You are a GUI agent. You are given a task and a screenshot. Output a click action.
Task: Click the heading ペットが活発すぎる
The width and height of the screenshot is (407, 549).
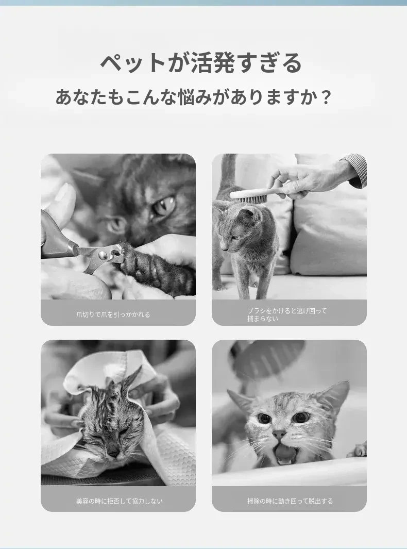pos(201,63)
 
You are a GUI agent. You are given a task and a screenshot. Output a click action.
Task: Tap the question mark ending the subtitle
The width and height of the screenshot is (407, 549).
pos(326,97)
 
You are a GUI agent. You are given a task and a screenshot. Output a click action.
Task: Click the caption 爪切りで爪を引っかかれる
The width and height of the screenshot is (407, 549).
pos(113,314)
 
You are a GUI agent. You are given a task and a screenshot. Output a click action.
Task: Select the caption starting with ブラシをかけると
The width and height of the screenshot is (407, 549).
pos(287,314)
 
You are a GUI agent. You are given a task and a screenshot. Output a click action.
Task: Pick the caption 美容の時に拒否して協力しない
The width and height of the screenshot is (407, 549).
pos(120,501)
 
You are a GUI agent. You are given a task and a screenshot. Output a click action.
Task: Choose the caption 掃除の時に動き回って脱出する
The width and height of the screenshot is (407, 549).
pos(290,501)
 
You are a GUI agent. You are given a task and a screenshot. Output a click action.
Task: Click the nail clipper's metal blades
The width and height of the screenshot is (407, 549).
pos(101,256)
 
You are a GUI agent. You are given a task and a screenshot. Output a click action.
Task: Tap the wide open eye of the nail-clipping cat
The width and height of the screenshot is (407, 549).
pos(164,206)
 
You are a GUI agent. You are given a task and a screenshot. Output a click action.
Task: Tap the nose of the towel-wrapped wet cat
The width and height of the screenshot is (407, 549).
pos(113,453)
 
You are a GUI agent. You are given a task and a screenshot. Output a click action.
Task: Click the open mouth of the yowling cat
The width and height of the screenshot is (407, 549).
pos(286,454)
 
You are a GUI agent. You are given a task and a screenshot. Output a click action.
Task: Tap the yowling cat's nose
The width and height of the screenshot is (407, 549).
pos(279,435)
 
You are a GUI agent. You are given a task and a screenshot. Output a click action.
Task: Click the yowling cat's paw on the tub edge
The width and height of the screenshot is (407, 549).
pos(358,450)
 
